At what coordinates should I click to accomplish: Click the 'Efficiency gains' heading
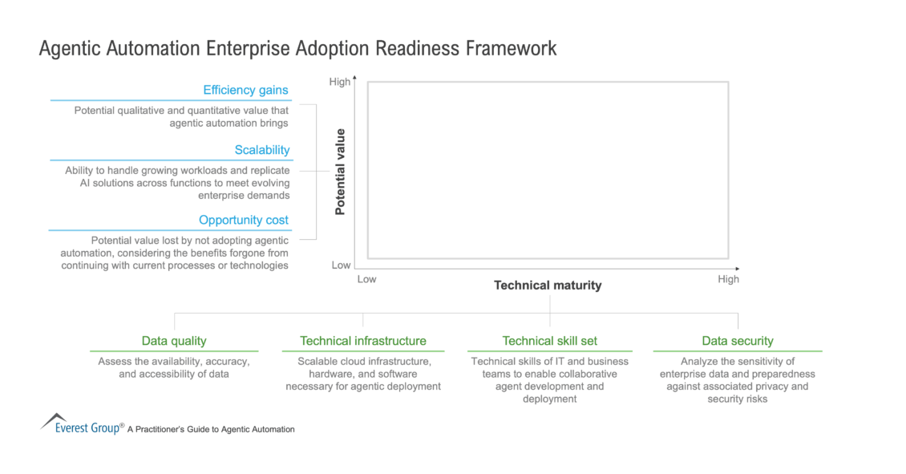click(x=245, y=90)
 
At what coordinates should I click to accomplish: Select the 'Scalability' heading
click(x=262, y=150)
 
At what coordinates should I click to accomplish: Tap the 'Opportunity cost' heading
click(x=244, y=220)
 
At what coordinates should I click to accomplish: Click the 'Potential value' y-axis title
click(x=340, y=172)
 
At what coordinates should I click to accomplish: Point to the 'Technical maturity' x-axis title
click(x=548, y=286)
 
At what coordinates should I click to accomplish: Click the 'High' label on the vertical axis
click(x=340, y=82)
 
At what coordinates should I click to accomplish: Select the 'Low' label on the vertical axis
click(x=341, y=265)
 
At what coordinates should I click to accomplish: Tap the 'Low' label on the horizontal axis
click(x=366, y=280)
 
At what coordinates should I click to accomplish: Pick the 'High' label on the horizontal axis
click(x=728, y=280)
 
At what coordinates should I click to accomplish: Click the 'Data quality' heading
click(x=174, y=341)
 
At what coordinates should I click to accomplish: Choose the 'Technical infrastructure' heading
click(x=363, y=341)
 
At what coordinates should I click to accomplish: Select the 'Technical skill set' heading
click(x=550, y=341)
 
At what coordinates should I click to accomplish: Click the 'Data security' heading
click(x=738, y=341)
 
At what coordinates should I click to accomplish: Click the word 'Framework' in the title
click(x=511, y=49)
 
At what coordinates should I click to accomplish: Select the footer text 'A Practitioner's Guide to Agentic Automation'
click(x=211, y=430)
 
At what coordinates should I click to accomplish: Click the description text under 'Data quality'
click(x=174, y=368)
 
